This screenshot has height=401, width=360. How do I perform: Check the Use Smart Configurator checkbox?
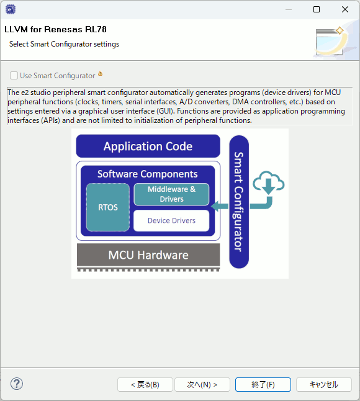point(14,76)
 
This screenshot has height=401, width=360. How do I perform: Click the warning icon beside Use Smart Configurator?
point(100,74)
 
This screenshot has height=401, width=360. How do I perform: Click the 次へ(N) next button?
point(202,384)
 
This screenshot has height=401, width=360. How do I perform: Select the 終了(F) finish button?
point(263,384)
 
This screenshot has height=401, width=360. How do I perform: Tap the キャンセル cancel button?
point(324,384)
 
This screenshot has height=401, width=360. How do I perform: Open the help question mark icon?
point(17,384)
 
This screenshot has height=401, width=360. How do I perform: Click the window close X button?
point(345,9)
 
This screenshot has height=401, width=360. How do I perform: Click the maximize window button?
point(317,9)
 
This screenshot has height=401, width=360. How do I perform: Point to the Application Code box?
point(148,146)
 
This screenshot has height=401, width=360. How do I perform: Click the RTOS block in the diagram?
point(108,207)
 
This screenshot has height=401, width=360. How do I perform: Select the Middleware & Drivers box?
point(171,194)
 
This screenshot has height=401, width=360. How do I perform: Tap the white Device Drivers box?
point(171,220)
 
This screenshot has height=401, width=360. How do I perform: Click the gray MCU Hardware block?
point(148,255)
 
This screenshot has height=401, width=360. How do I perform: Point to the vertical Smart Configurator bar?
point(239,202)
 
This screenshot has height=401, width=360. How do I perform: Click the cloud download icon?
point(269,182)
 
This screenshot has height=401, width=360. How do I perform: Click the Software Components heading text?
point(148,174)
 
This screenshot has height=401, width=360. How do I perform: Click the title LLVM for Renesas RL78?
point(55,29)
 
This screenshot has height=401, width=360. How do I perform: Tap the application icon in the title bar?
point(11,9)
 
